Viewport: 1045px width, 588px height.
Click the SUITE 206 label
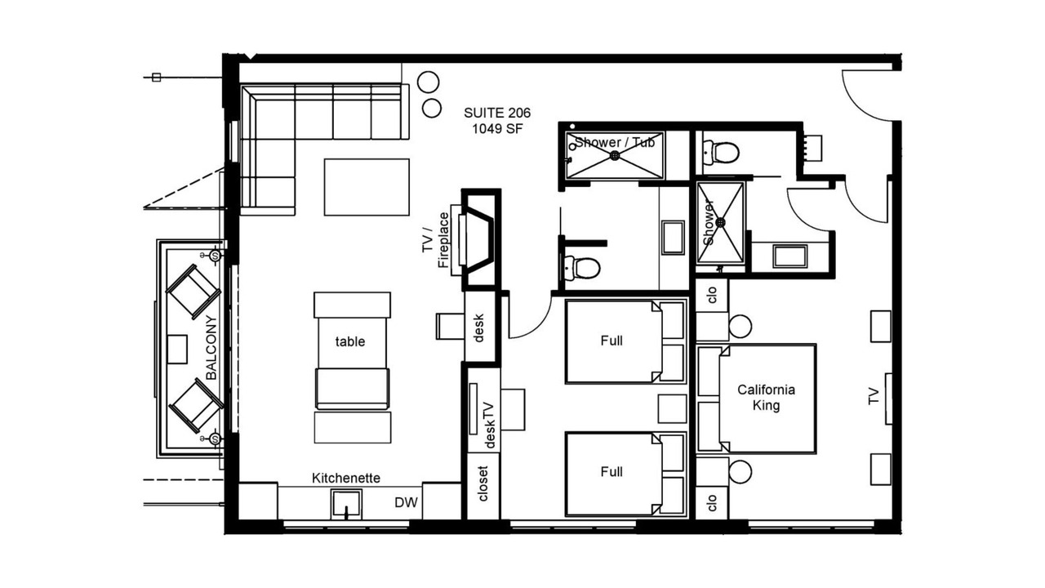click(497, 113)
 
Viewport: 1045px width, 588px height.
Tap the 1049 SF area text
click(497, 129)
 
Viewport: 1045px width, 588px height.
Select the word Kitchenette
click(345, 478)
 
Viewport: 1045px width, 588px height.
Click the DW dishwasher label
click(406, 502)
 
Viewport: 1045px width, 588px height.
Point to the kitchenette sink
click(346, 504)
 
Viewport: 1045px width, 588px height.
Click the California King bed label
click(766, 398)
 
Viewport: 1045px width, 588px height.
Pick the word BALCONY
click(211, 348)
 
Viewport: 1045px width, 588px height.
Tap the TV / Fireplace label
click(436, 240)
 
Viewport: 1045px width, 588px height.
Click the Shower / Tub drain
click(615, 156)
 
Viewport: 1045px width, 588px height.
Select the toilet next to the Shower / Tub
click(721, 152)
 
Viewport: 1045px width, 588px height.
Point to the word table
click(350, 341)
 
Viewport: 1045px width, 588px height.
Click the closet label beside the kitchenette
click(482, 483)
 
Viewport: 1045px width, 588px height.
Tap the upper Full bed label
click(611, 341)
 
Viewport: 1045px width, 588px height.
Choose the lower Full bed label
click(611, 472)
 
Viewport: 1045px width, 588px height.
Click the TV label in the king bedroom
click(874, 396)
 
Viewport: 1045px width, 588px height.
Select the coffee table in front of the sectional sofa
click(367, 187)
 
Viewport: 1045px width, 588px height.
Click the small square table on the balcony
click(177, 349)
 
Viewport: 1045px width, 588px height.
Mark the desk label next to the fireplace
click(479, 328)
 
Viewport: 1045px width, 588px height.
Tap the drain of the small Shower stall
click(720, 223)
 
